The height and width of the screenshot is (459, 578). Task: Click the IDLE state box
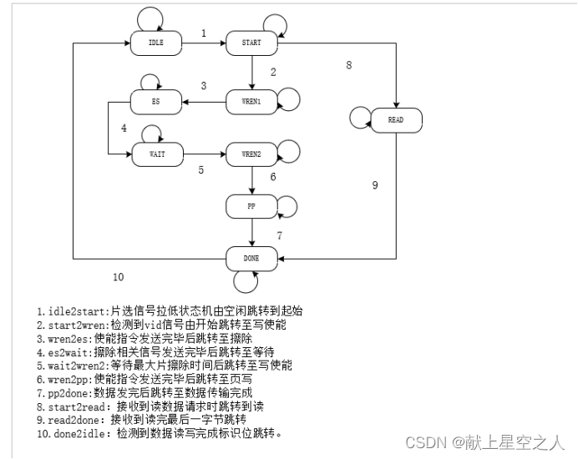156,43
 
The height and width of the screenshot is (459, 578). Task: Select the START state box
251,43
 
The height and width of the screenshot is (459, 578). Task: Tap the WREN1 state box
251,103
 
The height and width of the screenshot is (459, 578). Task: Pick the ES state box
156,103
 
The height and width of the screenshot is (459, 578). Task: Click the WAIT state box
156,154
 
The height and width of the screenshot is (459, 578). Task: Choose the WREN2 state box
251,154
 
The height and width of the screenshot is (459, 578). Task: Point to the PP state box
251,205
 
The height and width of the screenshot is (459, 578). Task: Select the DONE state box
251,259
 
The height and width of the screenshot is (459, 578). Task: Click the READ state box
395,120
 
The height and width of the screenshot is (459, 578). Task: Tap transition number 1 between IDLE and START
204,33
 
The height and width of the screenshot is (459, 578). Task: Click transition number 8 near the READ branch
349,64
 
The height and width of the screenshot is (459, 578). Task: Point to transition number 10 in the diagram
118,277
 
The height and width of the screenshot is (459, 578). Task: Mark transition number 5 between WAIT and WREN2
200,169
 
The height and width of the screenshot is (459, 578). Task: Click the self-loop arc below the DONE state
246,281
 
